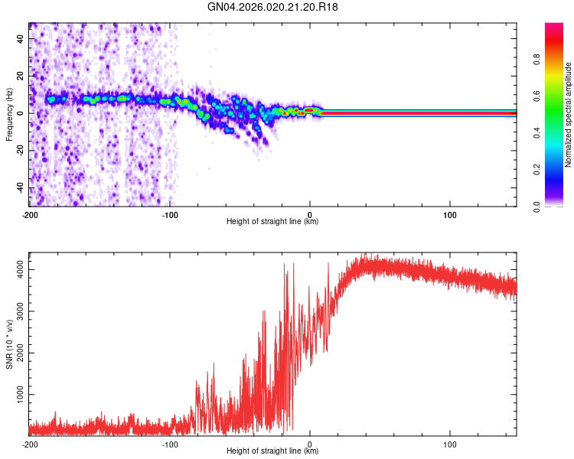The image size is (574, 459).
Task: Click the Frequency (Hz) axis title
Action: (9, 113)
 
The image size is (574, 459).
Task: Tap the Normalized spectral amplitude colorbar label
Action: (569, 115)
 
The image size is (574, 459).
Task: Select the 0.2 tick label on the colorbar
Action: (537, 170)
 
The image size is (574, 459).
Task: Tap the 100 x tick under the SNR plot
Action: (450, 444)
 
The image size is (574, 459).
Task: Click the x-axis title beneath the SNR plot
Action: (272, 451)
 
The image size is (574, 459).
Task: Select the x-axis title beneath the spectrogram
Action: (272, 222)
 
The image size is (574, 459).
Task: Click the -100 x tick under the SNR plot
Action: (170, 444)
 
